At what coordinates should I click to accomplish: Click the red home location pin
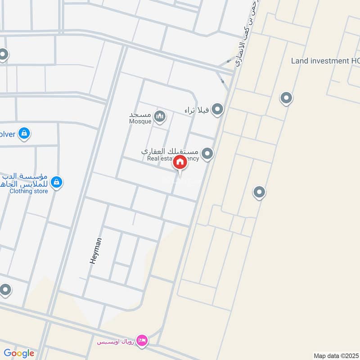[x=180, y=163]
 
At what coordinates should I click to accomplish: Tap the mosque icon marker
[x=159, y=117]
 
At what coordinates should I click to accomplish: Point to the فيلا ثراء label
[x=197, y=110]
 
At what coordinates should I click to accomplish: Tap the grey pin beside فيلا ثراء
[x=217, y=109]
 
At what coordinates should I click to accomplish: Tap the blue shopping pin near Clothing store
[x=56, y=182]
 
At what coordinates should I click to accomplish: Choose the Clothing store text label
[x=28, y=191]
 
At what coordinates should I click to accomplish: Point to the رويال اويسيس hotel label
[x=116, y=342]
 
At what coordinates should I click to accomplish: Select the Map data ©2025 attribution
[x=336, y=355]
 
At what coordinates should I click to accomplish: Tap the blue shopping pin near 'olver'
[x=24, y=133]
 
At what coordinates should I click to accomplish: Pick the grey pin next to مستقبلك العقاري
[x=207, y=154]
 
